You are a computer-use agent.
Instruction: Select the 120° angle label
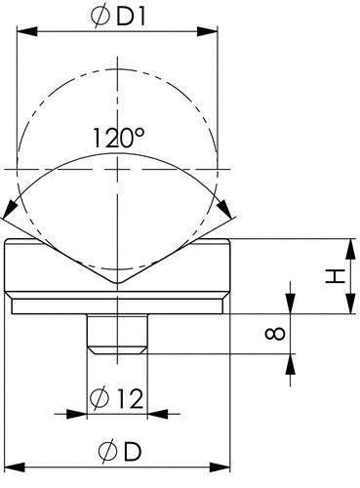click(x=119, y=139)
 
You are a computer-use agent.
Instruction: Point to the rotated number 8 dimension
click(x=275, y=334)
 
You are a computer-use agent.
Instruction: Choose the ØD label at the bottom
click(x=118, y=451)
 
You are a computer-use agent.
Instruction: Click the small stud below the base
click(x=117, y=333)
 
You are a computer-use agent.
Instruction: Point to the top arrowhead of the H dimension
click(x=346, y=245)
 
